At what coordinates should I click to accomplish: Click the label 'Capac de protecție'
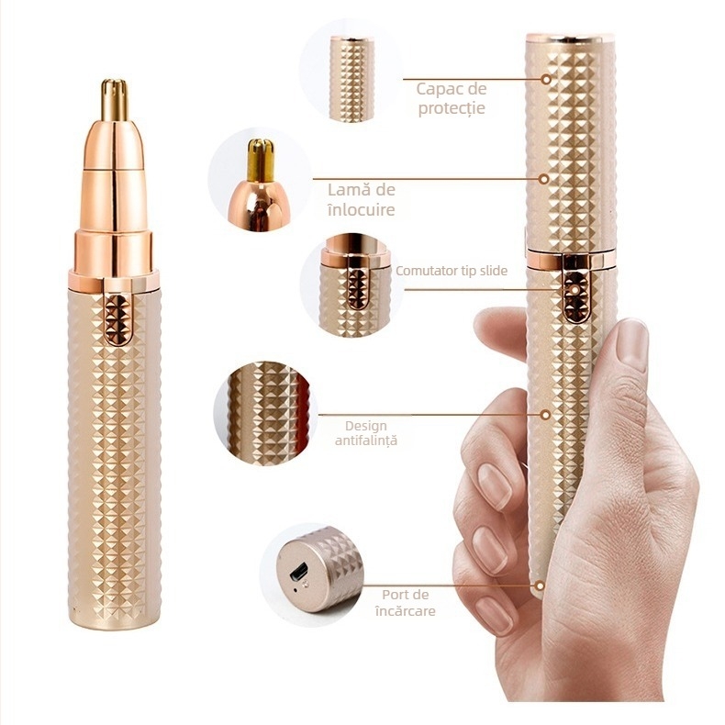tap(451, 98)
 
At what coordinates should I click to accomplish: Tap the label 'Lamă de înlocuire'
tap(362, 199)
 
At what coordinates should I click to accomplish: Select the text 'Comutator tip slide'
tap(451, 271)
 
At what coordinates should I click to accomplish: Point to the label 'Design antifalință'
tap(366, 433)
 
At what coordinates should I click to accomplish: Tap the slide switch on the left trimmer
tap(117, 318)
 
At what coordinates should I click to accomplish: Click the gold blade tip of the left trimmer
tap(114, 100)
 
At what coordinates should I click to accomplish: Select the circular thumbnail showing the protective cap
tap(351, 78)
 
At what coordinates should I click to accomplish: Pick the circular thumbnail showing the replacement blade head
tap(260, 182)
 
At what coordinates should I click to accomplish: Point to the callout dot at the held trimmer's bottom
tap(541, 584)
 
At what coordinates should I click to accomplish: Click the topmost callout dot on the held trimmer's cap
tap(546, 79)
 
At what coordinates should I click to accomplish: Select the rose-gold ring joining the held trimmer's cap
tap(569, 259)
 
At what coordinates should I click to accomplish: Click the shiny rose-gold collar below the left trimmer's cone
tap(114, 250)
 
